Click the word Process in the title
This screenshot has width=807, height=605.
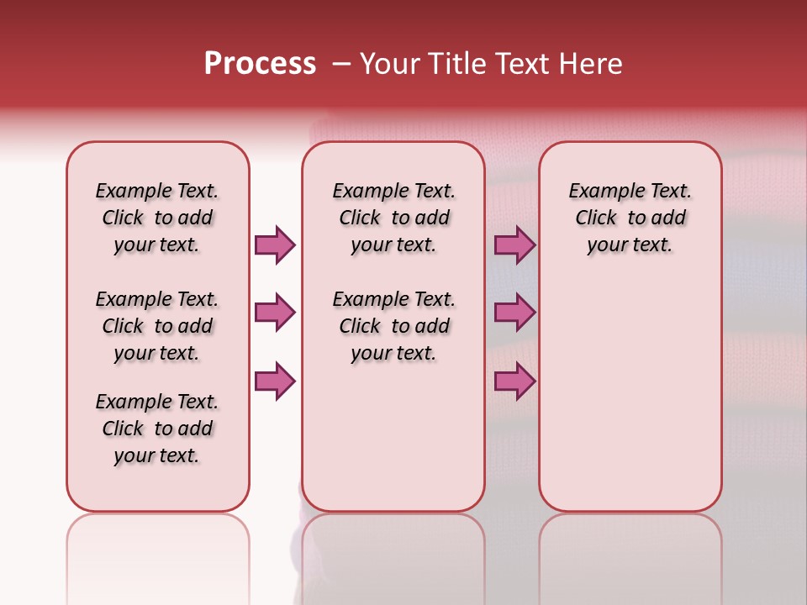coord(260,64)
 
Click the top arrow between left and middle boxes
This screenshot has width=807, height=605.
coord(275,245)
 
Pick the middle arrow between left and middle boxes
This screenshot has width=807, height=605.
coord(275,313)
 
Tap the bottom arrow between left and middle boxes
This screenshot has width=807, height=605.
coord(275,381)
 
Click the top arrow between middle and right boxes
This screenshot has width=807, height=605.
coord(514,245)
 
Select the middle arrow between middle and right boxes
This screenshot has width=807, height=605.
coord(514,313)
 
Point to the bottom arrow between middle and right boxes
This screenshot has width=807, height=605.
coord(514,381)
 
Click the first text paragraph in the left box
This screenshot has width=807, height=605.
coord(157,218)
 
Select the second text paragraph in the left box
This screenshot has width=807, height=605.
coord(157,326)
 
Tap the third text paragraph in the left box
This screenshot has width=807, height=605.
coord(157,429)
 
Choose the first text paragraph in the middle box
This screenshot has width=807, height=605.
coord(393,218)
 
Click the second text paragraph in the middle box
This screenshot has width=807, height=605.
coord(393,326)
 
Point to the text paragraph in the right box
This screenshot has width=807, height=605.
coord(630,218)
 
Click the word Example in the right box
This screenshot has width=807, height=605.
coord(601,192)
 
